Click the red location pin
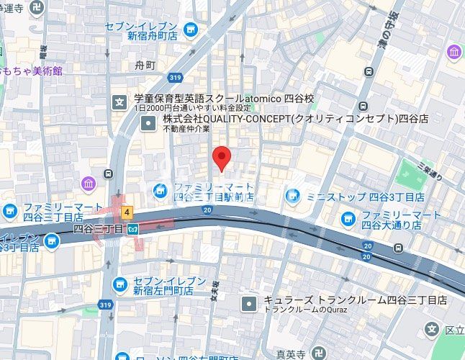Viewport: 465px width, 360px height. (x=223, y=156)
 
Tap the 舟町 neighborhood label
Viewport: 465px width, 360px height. (x=145, y=66)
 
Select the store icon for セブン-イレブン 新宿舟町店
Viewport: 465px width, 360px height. (x=191, y=29)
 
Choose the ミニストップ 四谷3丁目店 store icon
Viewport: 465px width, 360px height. (x=292, y=195)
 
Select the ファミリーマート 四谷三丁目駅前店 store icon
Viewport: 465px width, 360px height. (x=160, y=190)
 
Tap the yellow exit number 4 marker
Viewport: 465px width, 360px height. (x=127, y=212)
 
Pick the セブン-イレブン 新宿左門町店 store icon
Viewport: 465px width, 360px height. (x=120, y=284)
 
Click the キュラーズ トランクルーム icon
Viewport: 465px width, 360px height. (x=248, y=303)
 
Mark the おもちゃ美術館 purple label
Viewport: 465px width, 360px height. (x=32, y=71)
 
